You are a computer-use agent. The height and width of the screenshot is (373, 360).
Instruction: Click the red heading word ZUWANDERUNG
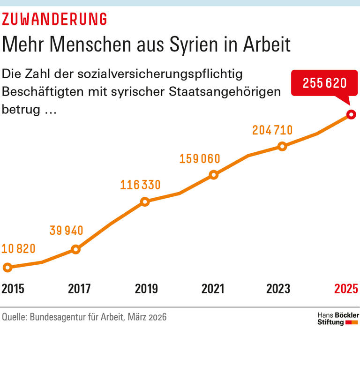[54, 19]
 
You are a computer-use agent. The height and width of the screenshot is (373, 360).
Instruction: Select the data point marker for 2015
[7, 268]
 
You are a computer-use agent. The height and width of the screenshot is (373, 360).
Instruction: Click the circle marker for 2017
[76, 249]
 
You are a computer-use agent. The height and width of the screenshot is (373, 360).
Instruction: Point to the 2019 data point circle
[145, 202]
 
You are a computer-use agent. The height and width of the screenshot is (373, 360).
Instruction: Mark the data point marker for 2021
[214, 175]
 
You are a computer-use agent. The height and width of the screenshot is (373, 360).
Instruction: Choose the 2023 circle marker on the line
[282, 146]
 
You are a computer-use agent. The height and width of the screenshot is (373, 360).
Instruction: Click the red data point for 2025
[351, 114]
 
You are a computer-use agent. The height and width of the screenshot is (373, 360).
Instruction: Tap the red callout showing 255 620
[324, 83]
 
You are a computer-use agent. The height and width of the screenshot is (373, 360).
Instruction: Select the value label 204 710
[272, 130]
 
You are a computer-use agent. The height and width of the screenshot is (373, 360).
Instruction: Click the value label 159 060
[200, 159]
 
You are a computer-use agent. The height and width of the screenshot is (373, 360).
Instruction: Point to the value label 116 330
[140, 185]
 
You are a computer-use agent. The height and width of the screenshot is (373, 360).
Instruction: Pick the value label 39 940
[66, 231]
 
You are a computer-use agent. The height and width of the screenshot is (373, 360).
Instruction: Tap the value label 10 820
[19, 249]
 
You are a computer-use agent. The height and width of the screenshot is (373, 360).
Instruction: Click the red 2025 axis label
[347, 289]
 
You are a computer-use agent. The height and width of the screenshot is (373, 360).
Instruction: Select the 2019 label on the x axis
[146, 289]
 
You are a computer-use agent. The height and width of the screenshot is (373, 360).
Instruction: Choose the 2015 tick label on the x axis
[13, 289]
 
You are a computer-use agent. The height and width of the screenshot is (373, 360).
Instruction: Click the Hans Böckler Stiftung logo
[338, 319]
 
